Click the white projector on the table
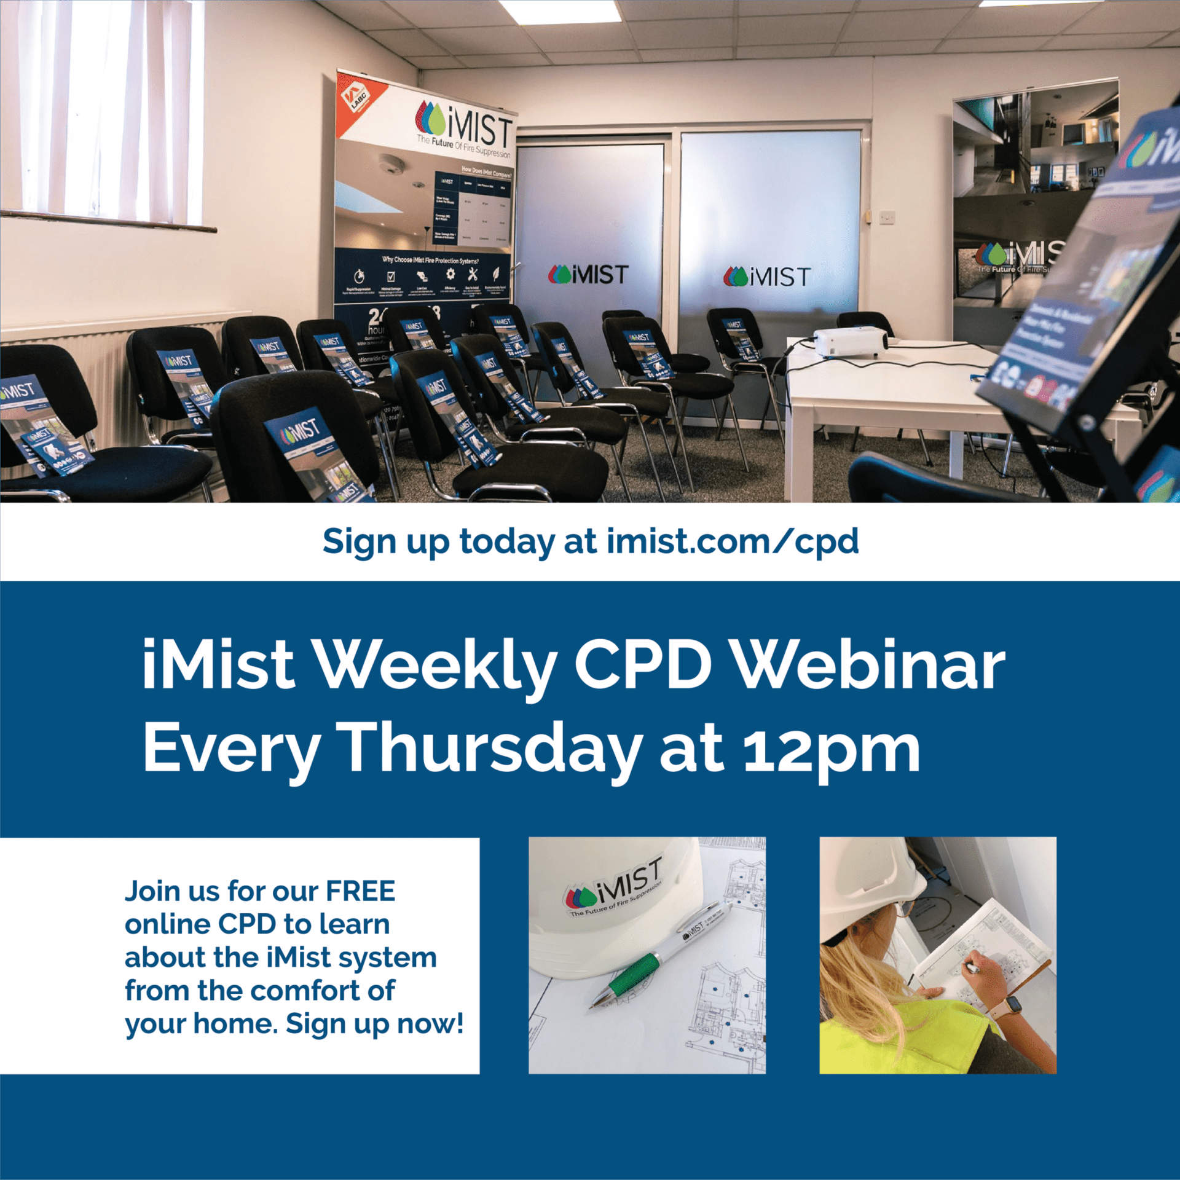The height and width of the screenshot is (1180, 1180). click(x=851, y=342)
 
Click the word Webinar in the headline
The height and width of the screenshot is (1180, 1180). click(x=870, y=666)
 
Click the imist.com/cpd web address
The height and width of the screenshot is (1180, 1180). click(x=732, y=541)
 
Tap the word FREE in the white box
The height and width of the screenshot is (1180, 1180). click(x=360, y=891)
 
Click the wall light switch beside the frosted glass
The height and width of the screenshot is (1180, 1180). click(x=886, y=216)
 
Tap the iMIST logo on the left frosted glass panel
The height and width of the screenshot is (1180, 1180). click(x=588, y=275)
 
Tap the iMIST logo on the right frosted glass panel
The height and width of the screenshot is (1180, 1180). click(x=766, y=277)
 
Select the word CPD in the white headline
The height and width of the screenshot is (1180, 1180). click(x=643, y=666)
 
